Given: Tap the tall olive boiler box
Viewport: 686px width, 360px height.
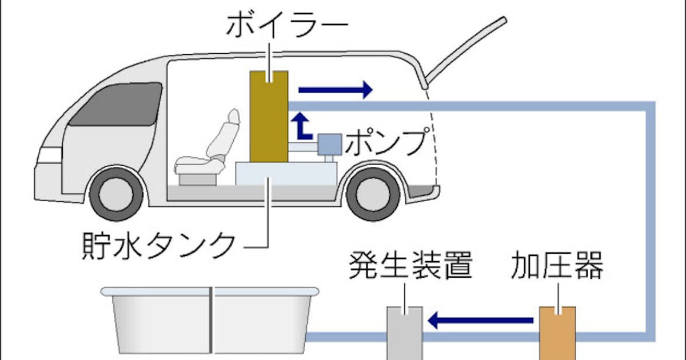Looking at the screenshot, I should pyautogui.click(x=269, y=117).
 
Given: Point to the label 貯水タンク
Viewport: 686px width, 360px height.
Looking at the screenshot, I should pyautogui.click(x=158, y=243).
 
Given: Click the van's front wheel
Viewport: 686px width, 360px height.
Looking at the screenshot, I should pyautogui.click(x=117, y=194).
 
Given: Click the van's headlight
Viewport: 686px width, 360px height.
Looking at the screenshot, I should pyautogui.click(x=50, y=155).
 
